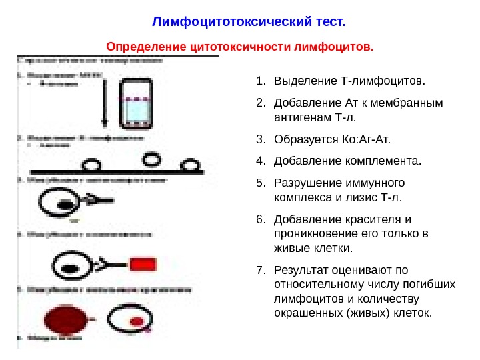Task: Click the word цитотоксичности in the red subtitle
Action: tap(233, 48)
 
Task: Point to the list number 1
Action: tap(260, 81)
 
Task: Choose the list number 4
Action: tap(260, 161)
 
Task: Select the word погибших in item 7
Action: tap(433, 285)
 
